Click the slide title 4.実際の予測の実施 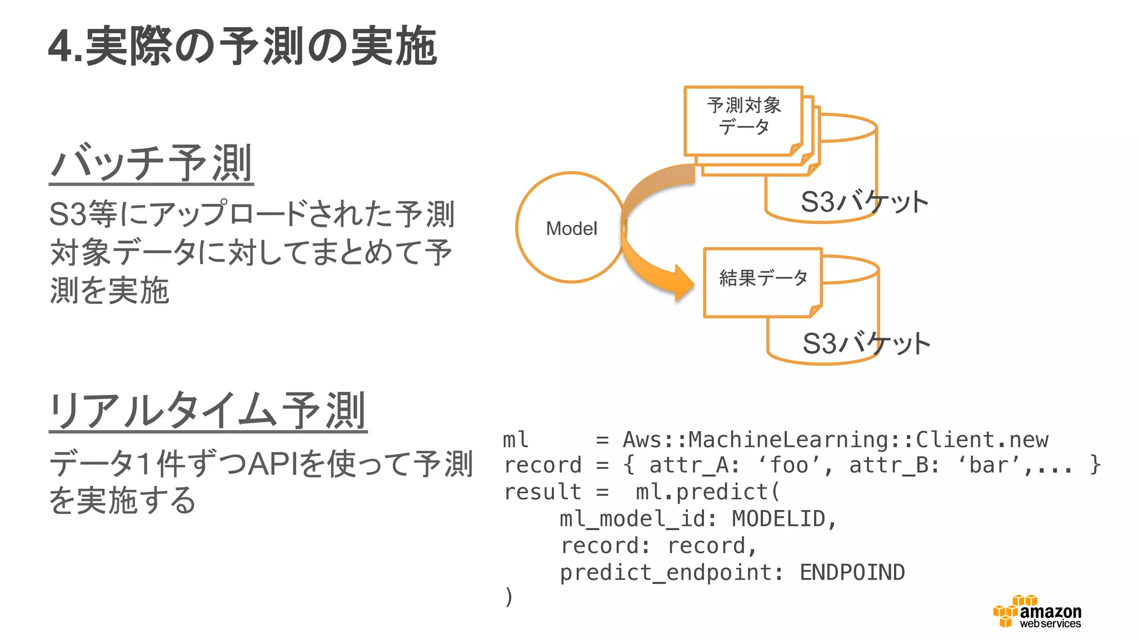242,47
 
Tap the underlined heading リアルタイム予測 208,411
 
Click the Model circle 571,228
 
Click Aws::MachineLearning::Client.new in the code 835,440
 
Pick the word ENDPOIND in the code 852,572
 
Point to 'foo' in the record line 790,466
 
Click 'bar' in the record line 990,466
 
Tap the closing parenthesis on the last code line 508,597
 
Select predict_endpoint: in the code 671,572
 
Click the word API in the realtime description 273,464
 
